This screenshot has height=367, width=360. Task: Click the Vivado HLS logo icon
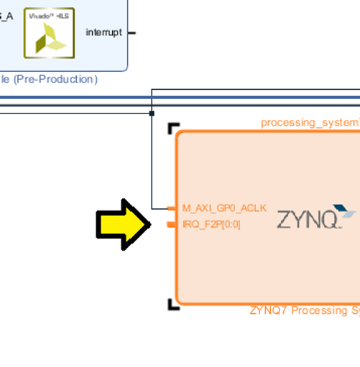pos(49,32)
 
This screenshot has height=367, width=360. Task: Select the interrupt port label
pos(103,33)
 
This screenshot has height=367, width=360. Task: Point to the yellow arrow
pos(123,225)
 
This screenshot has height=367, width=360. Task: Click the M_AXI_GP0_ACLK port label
pos(223,208)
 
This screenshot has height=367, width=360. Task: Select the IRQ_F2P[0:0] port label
pos(211,225)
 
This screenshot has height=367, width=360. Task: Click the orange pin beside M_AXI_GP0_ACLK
pos(171,208)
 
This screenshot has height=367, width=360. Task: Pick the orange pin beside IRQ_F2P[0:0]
pos(171,225)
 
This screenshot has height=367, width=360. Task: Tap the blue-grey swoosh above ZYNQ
pos(346,212)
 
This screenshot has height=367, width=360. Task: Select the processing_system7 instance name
pos(310,123)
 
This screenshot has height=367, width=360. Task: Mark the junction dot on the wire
pos(152,113)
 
